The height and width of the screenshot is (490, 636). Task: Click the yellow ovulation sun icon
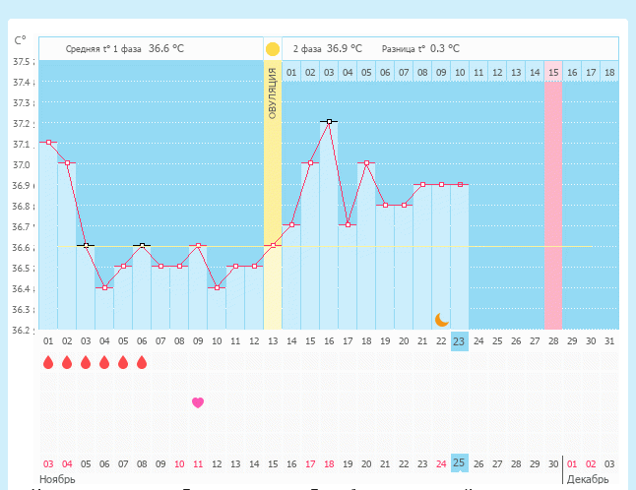coord(273,48)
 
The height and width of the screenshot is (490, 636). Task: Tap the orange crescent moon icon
coord(442,320)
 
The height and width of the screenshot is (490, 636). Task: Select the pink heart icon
coord(198,402)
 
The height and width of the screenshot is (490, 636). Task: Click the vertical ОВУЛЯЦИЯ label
coord(273,93)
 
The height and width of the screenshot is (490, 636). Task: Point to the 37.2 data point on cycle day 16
coord(329,122)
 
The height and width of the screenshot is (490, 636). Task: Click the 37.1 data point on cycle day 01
coord(48,143)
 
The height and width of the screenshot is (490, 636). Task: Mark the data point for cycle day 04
coord(104,287)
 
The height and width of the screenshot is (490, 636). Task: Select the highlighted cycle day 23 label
coord(459,341)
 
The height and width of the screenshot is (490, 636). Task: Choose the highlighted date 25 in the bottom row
coord(459,462)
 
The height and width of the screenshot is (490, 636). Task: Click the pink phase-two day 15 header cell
coord(553,72)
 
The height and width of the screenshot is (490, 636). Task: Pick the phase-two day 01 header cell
coord(291,72)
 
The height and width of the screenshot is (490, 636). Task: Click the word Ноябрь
coord(57,479)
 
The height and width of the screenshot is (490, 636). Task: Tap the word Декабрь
coord(589,479)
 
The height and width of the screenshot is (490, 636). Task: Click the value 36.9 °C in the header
coord(345,48)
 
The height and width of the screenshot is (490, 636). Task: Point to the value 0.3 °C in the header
coord(444,48)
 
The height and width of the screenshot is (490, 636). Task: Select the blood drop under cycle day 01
coord(48,362)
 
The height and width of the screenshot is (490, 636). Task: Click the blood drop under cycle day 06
coord(142,362)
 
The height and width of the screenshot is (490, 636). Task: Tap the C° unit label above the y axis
coord(20,41)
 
